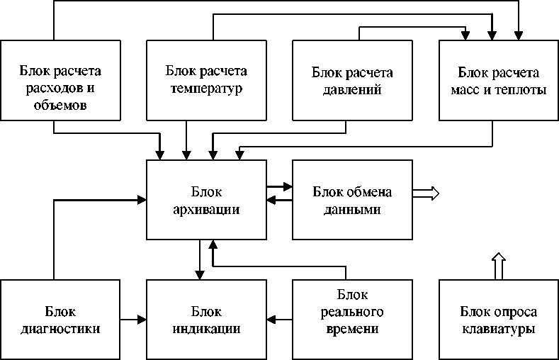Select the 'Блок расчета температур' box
pos(206,79)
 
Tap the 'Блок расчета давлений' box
pos(352,79)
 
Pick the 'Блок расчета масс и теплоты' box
pos(498,79)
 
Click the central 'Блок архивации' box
pos(206,199)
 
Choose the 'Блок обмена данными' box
pos(352,199)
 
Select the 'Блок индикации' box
pos(206,319)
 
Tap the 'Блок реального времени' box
pos(352,319)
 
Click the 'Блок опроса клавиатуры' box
pos(498,319)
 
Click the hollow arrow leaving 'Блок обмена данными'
pos(427,193)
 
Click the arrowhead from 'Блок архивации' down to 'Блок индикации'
pos(200,274)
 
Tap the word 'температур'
pos(206,90)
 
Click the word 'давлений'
pos(352,90)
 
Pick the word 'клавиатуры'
pos(498,330)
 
